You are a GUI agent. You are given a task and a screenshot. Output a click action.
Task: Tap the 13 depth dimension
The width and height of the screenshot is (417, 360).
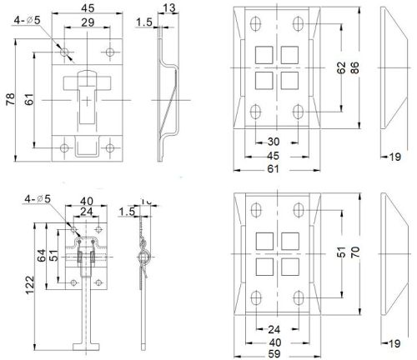[171, 8]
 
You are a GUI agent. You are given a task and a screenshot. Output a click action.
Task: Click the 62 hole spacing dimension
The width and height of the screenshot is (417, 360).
[341, 70]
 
